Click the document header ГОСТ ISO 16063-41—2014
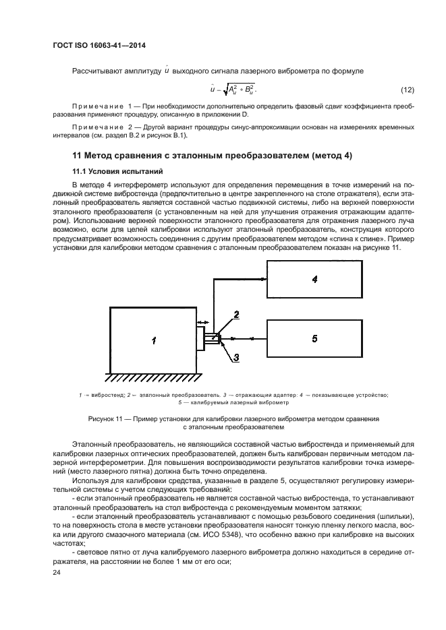pyautogui.click(x=99, y=46)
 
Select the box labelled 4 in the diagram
pyautogui.click(x=314, y=279)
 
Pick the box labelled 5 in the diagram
pyautogui.click(x=314, y=338)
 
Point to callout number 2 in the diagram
pyautogui.click(x=236, y=314)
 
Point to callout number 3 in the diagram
pyautogui.click(x=236, y=358)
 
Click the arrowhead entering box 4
pyautogui.click(x=263, y=278)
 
